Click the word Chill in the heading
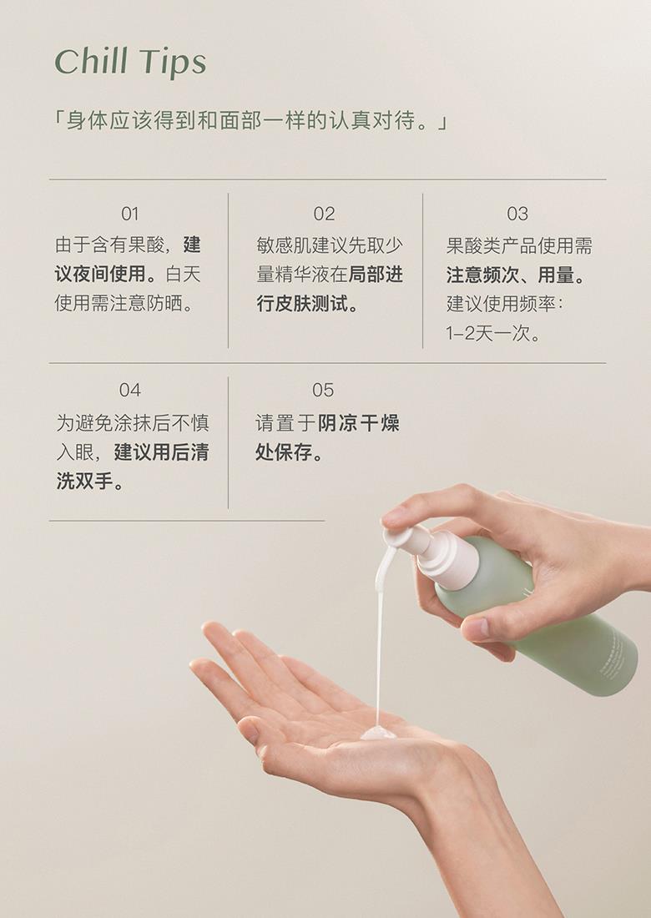91,61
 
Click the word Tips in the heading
173,63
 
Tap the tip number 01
130,214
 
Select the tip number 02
324,214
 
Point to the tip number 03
517,214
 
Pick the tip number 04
130,390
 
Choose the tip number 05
323,390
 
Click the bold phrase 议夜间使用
100,274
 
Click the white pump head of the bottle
407,538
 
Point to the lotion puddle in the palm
377,732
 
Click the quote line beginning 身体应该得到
250,121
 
